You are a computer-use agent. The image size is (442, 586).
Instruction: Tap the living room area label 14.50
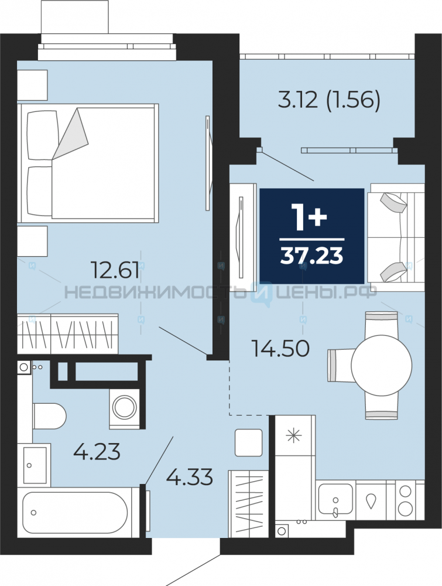pyautogui.click(x=280, y=348)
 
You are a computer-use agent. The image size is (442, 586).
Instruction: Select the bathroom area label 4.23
pyautogui.click(x=97, y=451)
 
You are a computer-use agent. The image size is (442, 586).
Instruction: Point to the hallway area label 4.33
pyautogui.click(x=189, y=477)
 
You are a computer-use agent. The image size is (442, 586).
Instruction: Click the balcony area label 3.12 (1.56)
pyautogui.click(x=329, y=100)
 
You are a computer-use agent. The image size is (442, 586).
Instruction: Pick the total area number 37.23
pyautogui.click(x=311, y=256)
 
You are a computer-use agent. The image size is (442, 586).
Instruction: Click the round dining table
pyautogui.click(x=382, y=364)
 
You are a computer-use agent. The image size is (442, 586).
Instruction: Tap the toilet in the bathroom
pyautogui.click(x=49, y=416)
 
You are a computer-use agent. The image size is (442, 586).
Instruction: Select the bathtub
pyautogui.click(x=76, y=512)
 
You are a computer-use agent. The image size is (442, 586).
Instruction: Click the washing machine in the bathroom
pyautogui.click(x=124, y=408)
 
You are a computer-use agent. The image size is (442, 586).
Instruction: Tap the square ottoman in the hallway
pyautogui.click(x=249, y=442)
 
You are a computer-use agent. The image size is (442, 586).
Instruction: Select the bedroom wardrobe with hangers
pyautogui.click(x=68, y=333)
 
